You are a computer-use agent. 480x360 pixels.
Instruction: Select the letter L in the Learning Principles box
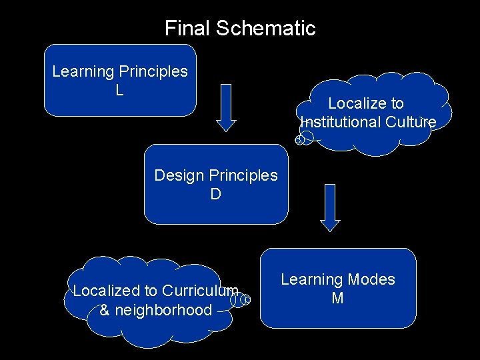119,90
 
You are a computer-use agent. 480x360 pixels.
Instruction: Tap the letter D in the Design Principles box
215,194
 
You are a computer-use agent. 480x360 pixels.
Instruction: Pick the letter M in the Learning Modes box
337,298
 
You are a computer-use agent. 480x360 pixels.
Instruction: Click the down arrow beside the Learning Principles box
227,107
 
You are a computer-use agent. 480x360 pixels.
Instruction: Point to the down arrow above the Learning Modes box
330,207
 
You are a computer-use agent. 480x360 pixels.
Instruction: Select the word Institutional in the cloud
340,122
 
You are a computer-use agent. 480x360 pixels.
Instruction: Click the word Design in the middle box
178,175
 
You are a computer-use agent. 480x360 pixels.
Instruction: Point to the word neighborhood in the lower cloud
165,309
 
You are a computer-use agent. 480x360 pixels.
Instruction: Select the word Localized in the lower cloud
105,291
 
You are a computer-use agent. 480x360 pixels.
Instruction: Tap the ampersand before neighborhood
105,309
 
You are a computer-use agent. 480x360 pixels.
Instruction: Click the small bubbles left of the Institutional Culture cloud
304,139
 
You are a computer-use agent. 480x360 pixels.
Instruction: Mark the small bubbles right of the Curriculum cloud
241,300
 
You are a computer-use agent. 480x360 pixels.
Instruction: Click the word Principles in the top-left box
153,71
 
